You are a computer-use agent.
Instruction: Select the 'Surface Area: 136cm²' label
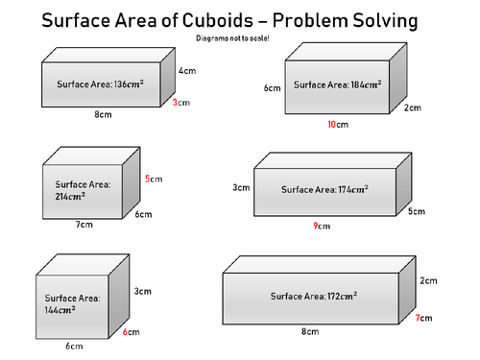point(101,84)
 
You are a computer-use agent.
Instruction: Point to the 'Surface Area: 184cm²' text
point(338,84)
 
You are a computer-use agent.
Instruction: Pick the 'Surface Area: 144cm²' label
point(73,303)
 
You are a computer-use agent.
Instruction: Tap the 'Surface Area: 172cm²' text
point(314,295)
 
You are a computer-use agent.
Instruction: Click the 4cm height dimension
point(187,70)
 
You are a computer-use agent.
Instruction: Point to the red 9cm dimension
point(322,227)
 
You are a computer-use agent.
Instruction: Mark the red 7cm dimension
point(424,317)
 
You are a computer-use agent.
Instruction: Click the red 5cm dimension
point(154,179)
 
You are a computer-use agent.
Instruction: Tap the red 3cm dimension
point(181,102)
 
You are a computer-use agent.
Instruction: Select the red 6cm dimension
point(132,332)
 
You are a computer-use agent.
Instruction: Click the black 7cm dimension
point(84,225)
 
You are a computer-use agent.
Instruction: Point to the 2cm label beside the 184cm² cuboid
point(412,108)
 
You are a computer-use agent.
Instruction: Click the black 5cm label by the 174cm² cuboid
point(416,211)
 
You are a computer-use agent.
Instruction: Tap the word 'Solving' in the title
point(379,20)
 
